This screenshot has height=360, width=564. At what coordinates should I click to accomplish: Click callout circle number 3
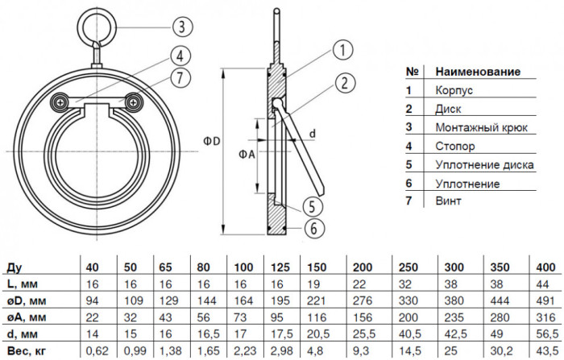[x=182, y=27]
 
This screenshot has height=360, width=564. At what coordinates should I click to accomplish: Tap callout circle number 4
[x=180, y=56]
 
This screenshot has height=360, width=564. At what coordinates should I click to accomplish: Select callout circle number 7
[x=180, y=77]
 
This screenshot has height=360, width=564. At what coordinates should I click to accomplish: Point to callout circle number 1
[x=342, y=50]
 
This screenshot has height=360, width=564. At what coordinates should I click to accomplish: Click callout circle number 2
[x=345, y=83]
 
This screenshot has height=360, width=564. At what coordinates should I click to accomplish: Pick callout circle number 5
[x=312, y=207]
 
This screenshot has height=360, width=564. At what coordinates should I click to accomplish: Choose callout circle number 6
[x=313, y=229]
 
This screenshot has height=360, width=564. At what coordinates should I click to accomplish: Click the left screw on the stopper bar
[x=60, y=102]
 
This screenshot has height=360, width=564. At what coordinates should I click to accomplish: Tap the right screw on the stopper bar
[x=134, y=102]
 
